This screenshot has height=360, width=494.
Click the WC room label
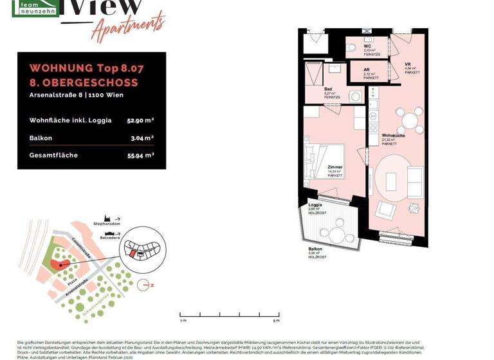tap(367, 47)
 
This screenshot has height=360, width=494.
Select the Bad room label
tap(328, 89)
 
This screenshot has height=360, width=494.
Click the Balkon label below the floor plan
tap(315, 249)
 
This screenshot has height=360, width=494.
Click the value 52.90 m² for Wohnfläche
tap(140, 120)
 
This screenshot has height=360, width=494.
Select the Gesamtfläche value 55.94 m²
tap(140, 155)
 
